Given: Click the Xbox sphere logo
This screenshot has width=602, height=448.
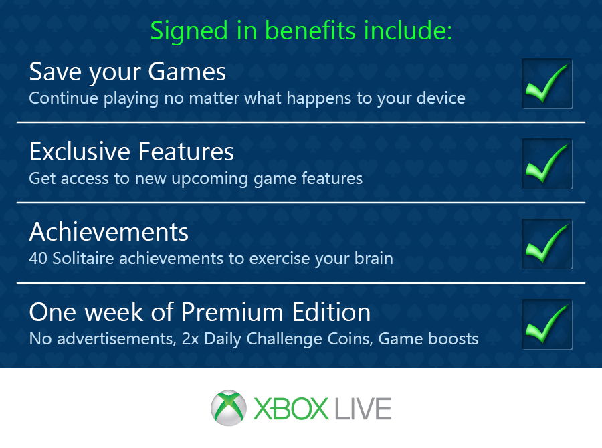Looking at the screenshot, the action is coord(229,408).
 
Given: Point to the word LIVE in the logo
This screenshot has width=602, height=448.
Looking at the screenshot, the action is coord(363,409).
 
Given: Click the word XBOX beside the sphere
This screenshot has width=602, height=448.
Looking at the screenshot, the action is coord(291,409).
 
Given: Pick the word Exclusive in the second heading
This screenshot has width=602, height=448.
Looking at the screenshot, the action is coord(80,152).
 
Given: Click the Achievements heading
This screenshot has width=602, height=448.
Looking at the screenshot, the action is coord(108,232).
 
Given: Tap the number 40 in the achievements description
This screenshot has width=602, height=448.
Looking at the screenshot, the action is coord(37,258).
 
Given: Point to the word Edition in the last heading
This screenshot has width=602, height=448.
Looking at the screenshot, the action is coord(331,312).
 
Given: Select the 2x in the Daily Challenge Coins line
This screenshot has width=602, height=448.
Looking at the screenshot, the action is coord(190,339).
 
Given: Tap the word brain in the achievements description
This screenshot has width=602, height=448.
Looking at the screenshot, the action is coord(373,258).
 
